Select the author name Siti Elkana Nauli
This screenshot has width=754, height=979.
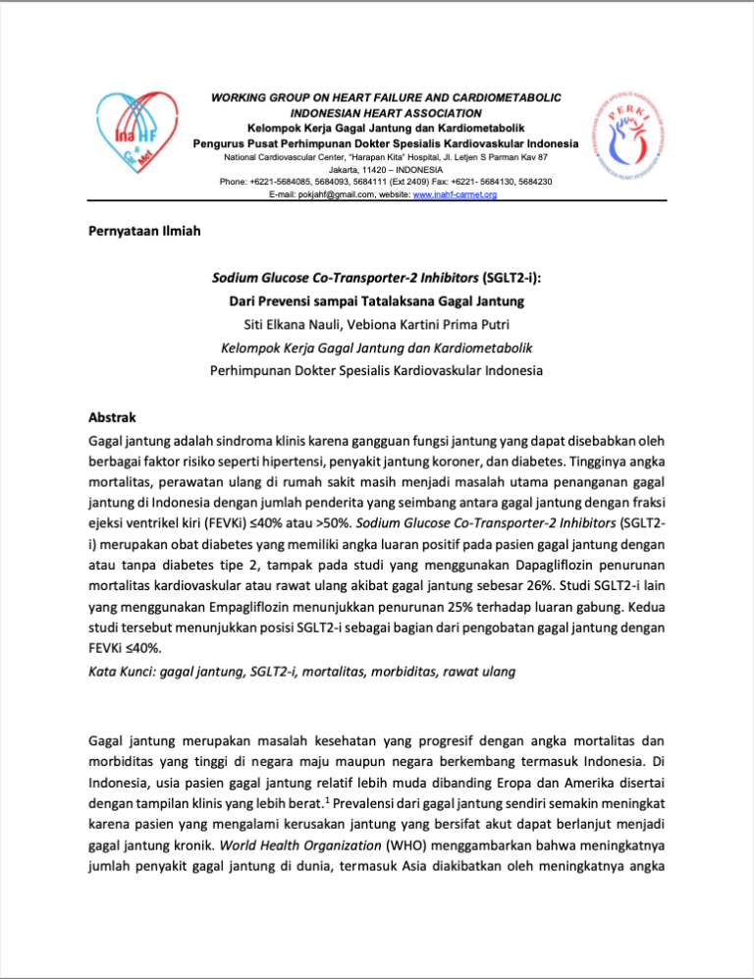pyautogui.click(x=292, y=324)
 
